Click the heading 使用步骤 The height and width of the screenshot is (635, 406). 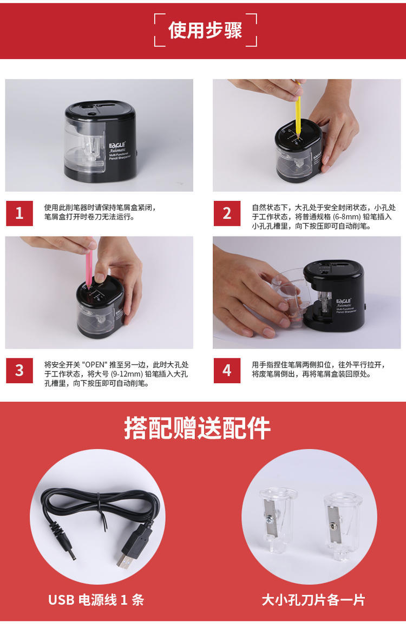click(x=205, y=30)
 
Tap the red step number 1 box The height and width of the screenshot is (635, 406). click(x=19, y=213)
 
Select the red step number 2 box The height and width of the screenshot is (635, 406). click(x=227, y=213)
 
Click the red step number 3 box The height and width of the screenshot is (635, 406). click(x=19, y=370)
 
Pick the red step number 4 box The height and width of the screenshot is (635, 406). click(x=227, y=370)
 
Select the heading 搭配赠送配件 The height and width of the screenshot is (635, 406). click(x=197, y=428)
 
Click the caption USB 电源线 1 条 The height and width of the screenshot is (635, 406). click(x=96, y=599)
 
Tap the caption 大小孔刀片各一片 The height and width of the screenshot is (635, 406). click(x=313, y=599)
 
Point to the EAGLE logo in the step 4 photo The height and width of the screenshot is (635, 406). click(x=344, y=301)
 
